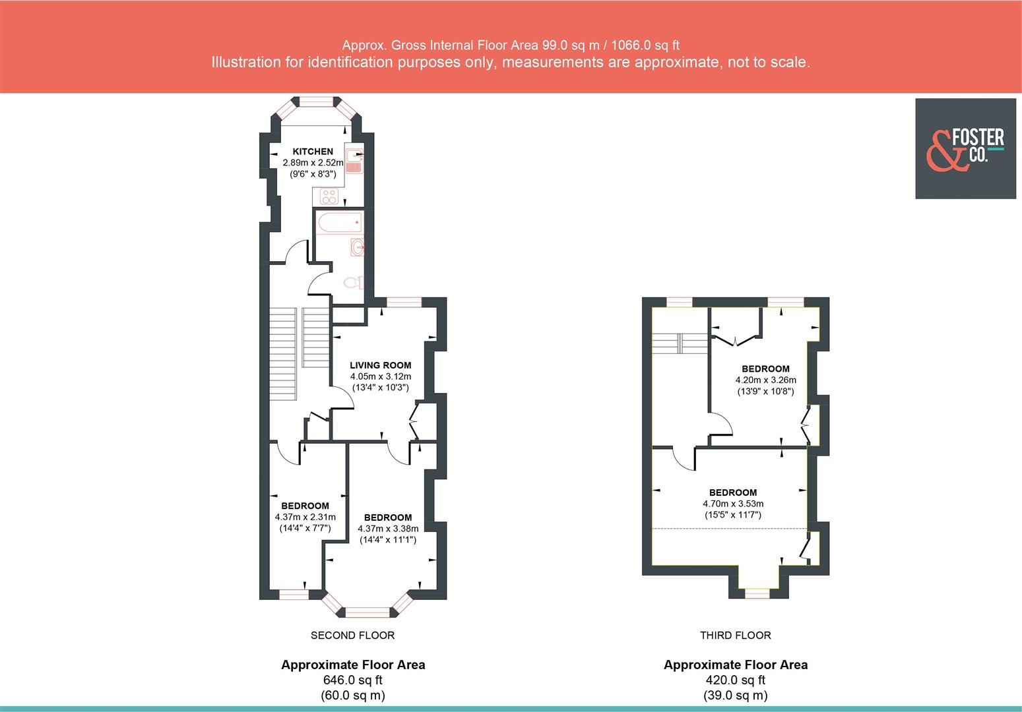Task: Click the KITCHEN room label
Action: [313, 152]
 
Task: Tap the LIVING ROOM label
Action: [380, 365]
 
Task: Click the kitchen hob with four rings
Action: [329, 196]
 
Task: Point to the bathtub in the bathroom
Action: [339, 223]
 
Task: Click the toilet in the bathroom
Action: [353, 283]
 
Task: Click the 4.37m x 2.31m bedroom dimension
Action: [305, 517]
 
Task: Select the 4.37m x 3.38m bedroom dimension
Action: [388, 528]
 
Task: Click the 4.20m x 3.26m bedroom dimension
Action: [765, 380]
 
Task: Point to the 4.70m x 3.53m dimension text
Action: [733, 504]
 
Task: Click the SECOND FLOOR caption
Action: [352, 636]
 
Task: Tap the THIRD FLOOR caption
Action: [735, 636]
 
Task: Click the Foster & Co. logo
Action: [965, 149]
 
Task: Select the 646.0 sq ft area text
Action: [352, 680]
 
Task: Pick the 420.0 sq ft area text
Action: [735, 680]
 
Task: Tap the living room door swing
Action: [342, 400]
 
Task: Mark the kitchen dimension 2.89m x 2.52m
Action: [313, 163]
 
